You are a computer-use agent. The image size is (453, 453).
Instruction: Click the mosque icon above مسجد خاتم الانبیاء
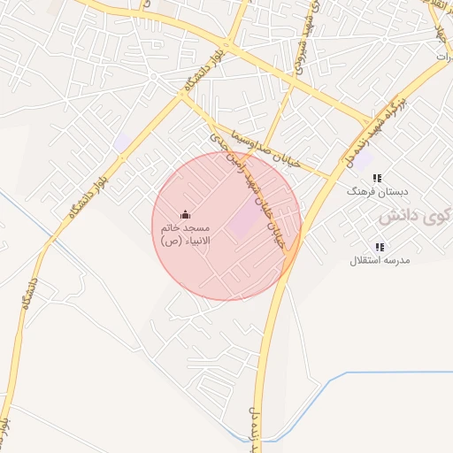[x=185, y=214]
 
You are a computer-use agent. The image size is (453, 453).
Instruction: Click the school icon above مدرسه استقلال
[x=380, y=247]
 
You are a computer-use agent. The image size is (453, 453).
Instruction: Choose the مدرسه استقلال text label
[x=378, y=260]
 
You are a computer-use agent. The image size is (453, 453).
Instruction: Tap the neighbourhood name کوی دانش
[x=415, y=216]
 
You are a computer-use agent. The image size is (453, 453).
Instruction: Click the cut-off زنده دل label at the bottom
[x=257, y=434]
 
